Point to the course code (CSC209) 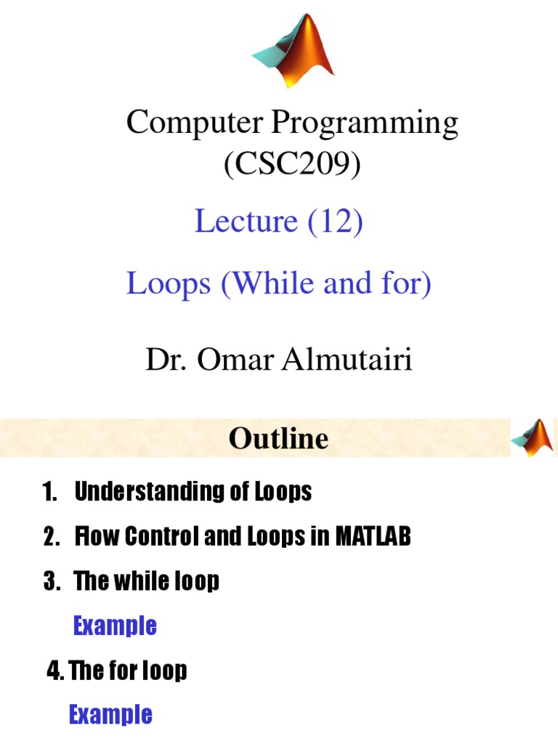click(x=292, y=165)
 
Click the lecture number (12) click(x=335, y=222)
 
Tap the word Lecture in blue click(x=246, y=222)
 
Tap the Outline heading click(x=278, y=438)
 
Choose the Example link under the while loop click(x=115, y=626)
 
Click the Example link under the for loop click(x=110, y=714)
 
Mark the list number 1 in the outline click(x=48, y=492)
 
